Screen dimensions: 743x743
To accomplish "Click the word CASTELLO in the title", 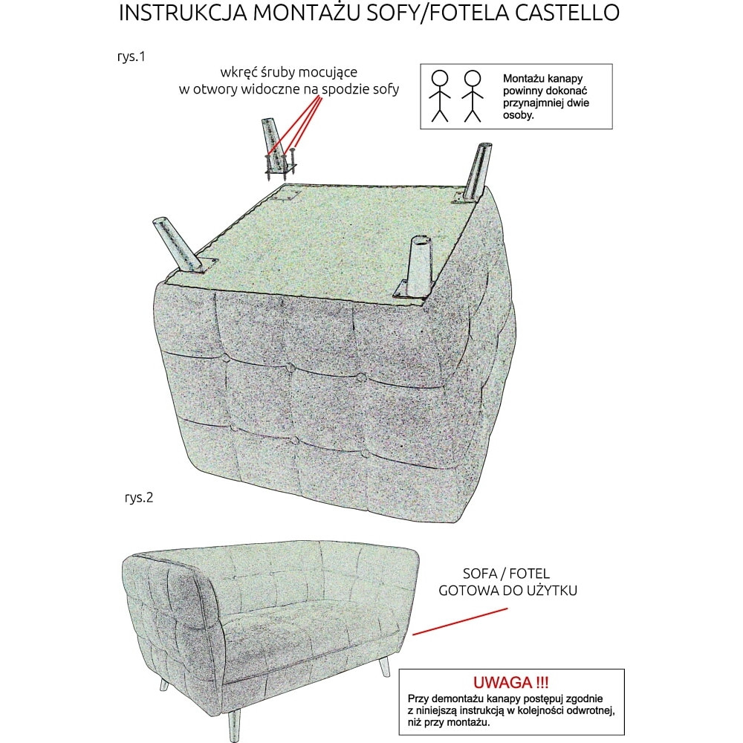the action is (567, 13).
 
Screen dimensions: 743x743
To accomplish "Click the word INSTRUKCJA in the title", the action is (183, 13).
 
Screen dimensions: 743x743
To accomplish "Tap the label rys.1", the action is (132, 57).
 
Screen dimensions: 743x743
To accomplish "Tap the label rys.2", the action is (139, 498).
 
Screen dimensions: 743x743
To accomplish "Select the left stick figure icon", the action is (439, 96).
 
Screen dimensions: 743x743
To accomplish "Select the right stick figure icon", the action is (473, 96).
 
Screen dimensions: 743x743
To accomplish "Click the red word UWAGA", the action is (503, 682).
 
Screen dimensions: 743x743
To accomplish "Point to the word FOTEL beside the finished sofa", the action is (529, 574).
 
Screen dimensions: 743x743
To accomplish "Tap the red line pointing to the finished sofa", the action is (460, 622).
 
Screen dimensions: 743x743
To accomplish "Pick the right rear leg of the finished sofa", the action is (384, 666).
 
